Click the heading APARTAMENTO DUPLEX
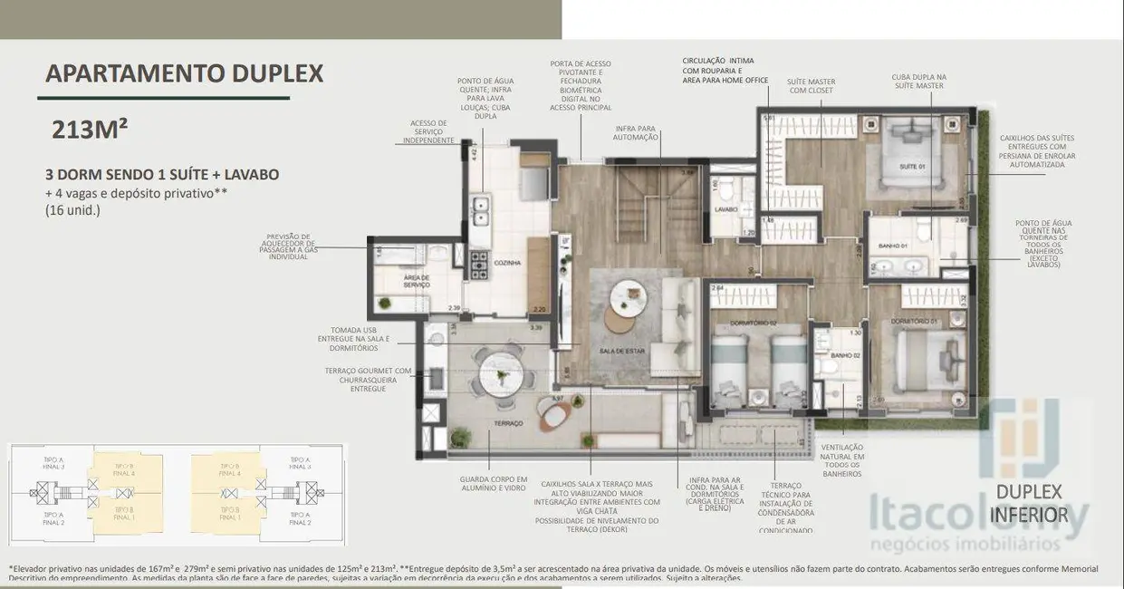click(184, 73)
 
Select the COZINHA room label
click(506, 263)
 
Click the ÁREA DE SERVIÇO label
click(417, 281)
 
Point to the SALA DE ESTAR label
click(620, 351)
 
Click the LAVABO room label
click(725, 209)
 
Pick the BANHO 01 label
click(892, 246)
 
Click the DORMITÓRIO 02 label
click(757, 323)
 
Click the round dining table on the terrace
click(501, 374)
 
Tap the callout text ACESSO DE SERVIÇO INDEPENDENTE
click(428, 131)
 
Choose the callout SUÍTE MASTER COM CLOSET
click(811, 86)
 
